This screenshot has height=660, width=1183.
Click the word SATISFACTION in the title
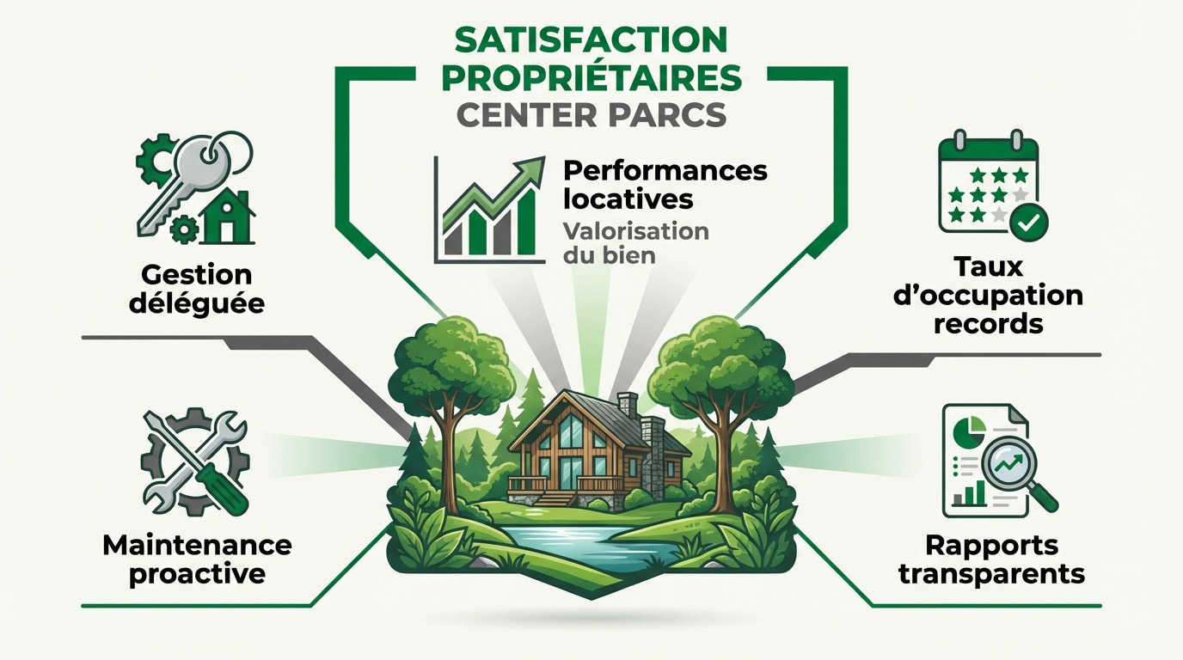pos(590,40)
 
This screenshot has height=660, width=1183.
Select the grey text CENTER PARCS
pos(591,113)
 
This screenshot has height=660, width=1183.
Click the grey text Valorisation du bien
pos(635,242)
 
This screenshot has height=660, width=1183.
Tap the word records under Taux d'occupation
pos(998,324)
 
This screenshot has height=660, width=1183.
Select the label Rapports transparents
pos(991,559)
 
